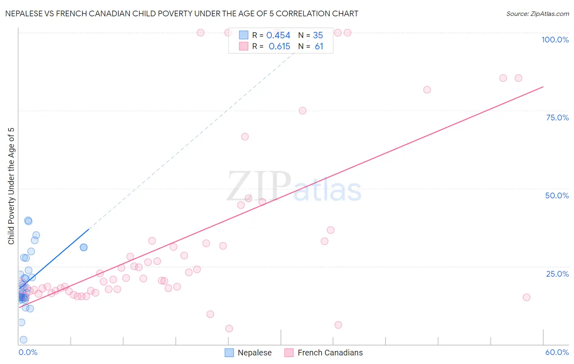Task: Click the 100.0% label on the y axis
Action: (555, 40)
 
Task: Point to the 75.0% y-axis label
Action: (557, 118)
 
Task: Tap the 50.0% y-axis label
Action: (557, 195)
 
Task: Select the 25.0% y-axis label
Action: (557, 274)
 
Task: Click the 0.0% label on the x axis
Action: (28, 352)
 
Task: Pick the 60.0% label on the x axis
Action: (557, 352)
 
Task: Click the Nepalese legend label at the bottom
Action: (254, 353)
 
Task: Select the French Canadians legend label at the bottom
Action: (330, 353)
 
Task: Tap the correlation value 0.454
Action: (278, 36)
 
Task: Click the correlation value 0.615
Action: (279, 47)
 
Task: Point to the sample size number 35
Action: (318, 36)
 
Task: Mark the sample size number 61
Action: (319, 47)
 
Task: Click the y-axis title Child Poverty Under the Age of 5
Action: (11, 186)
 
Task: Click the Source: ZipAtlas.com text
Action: (537, 14)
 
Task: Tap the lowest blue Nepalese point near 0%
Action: (23, 340)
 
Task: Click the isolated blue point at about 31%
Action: (84, 247)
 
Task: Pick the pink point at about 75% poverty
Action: (303, 111)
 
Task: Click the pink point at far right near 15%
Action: (527, 297)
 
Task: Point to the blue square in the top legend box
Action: (243, 36)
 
